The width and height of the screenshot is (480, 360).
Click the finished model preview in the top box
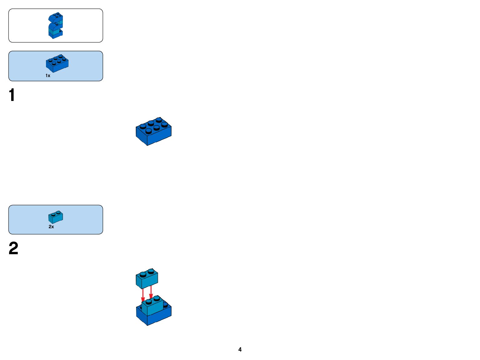pyautogui.click(x=56, y=26)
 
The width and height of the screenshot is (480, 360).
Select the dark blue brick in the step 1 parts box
pyautogui.click(x=57, y=63)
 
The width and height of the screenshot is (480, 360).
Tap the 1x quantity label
pyautogui.click(x=48, y=76)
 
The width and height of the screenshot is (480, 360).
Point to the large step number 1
pyautogui.click(x=12, y=95)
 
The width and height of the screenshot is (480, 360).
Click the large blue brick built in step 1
pyautogui.click(x=154, y=132)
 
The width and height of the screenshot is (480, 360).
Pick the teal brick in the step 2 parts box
pyautogui.click(x=56, y=217)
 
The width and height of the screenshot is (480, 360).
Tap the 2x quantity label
pyautogui.click(x=51, y=227)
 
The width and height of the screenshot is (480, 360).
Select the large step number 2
pyautogui.click(x=13, y=248)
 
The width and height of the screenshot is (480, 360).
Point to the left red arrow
pyautogui.click(x=143, y=295)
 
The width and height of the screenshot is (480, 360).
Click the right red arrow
pyautogui.click(x=151, y=292)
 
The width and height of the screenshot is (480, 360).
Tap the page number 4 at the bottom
pyautogui.click(x=240, y=350)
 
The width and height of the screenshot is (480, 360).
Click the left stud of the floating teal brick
pyautogui.click(x=143, y=274)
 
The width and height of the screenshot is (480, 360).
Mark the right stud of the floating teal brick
pyautogui.click(x=151, y=271)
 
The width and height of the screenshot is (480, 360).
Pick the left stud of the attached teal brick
pyautogui.click(x=149, y=301)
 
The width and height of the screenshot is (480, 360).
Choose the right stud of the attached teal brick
pyautogui.click(x=156, y=298)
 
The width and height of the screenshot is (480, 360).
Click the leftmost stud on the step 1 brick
pyautogui.click(x=143, y=126)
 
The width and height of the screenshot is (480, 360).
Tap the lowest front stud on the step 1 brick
pyautogui.click(x=149, y=131)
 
